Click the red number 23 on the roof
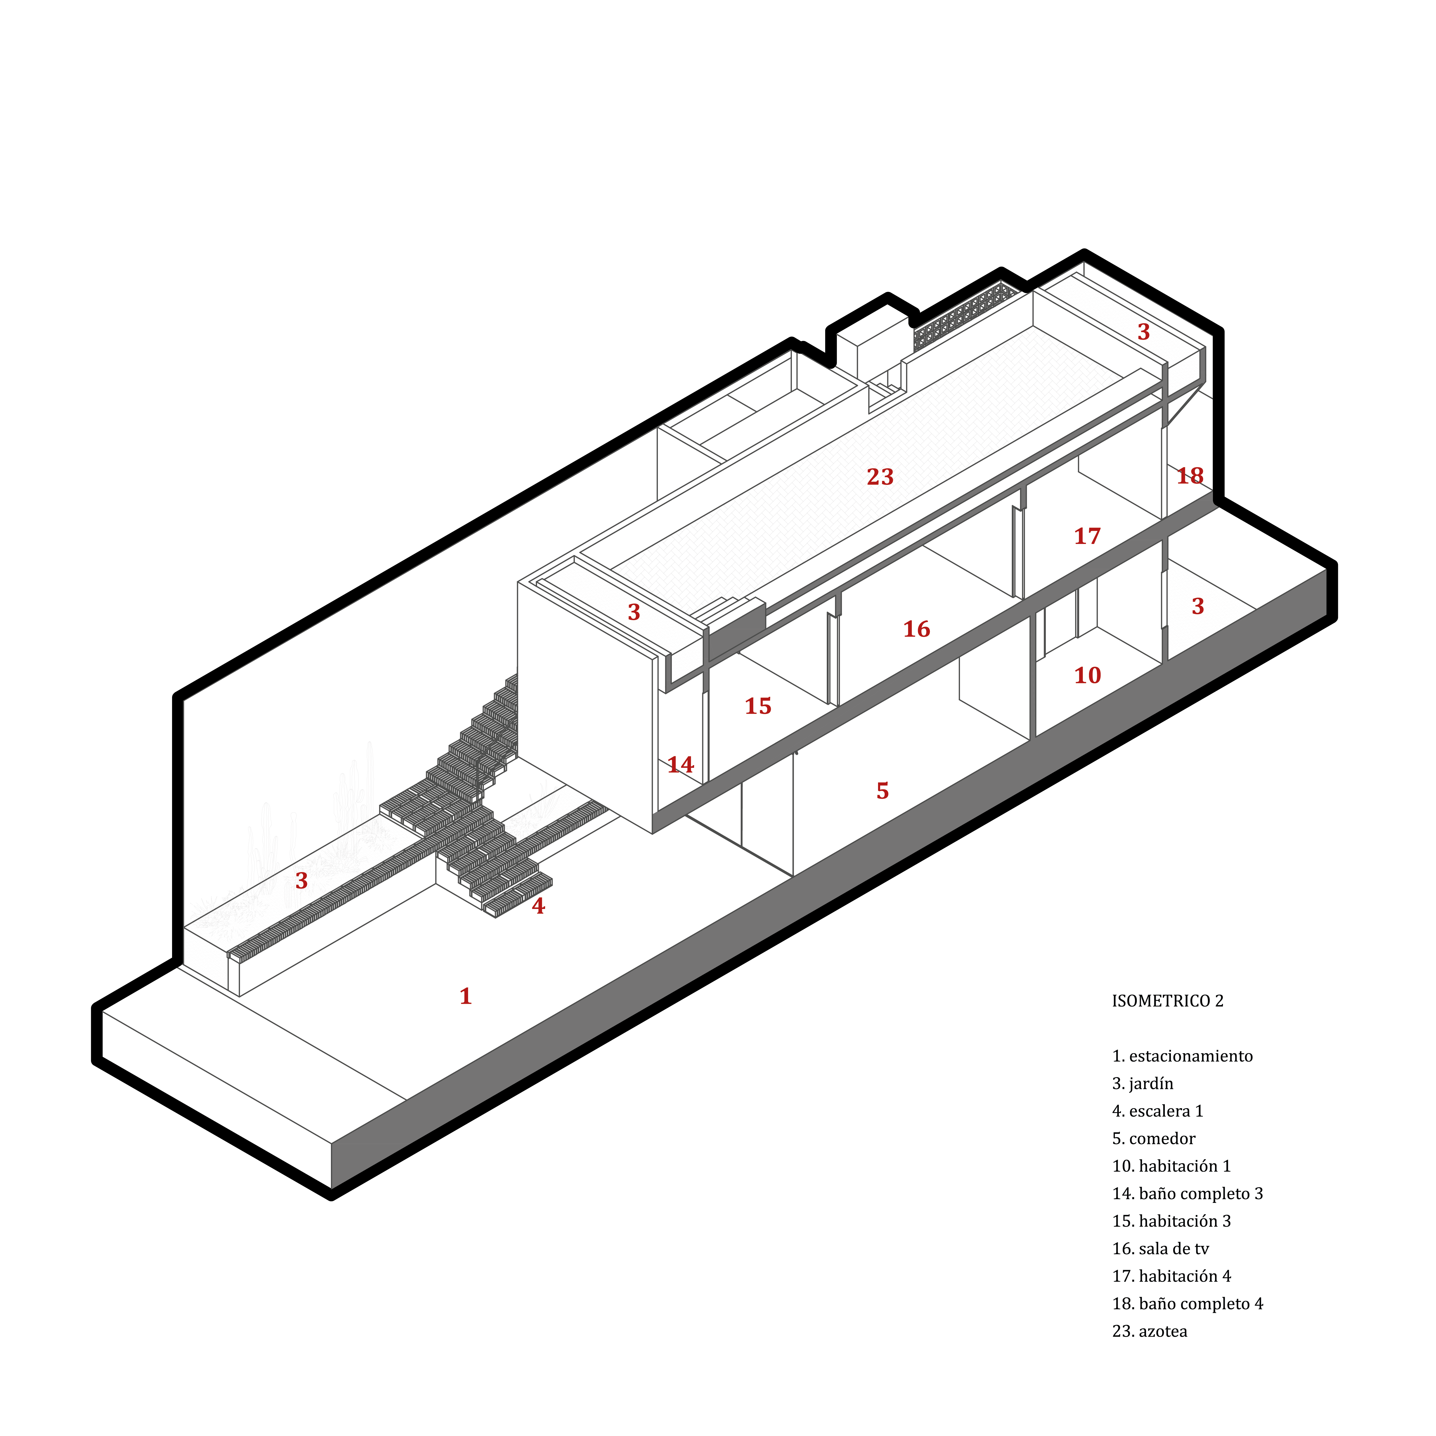(880, 477)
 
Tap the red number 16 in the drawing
(916, 630)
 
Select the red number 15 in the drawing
(758, 706)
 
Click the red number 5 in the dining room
(882, 791)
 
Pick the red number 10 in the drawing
(1087, 676)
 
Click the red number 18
(1190, 476)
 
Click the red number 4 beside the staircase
(538, 906)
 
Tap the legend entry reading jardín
(1142, 1084)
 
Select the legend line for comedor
(1153, 1139)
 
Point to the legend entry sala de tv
(1160, 1249)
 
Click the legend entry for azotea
(1149, 1331)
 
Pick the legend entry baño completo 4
(1188, 1304)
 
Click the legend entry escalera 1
(1157, 1111)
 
